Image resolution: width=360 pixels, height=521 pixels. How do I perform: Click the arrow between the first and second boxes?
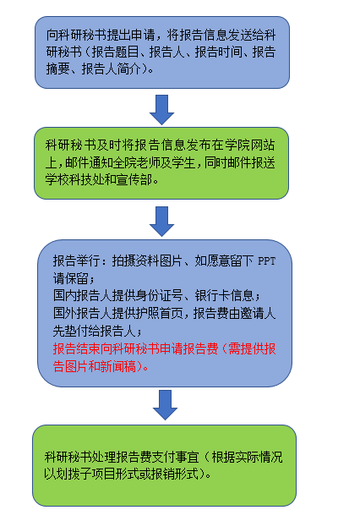click(161, 110)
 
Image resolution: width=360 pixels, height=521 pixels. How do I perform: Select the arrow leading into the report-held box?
click(161, 222)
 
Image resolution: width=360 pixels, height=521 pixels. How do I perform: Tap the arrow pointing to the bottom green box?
click(165, 405)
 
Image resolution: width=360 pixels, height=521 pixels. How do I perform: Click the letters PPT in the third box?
click(267, 261)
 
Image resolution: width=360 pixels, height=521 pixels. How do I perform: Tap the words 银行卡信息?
click(224, 295)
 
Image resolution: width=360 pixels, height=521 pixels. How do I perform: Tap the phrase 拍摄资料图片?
click(147, 261)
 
